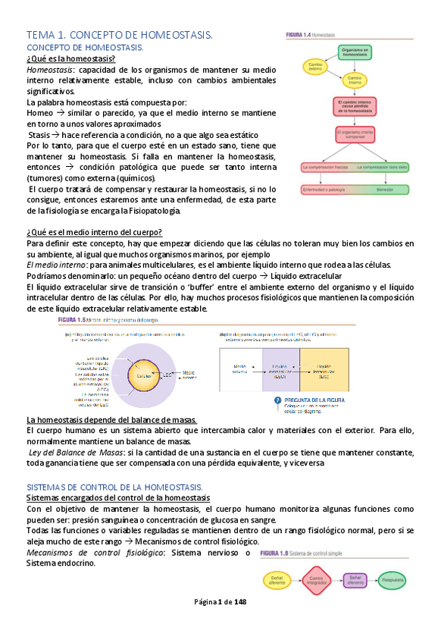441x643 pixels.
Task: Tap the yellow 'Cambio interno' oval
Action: (354, 79)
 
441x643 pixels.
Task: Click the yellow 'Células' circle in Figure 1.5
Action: (139, 375)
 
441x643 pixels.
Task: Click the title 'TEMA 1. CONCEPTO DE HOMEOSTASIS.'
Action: (119, 35)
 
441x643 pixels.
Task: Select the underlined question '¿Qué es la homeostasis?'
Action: (70, 58)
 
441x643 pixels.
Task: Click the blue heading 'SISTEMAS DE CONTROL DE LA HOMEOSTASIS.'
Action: (114, 486)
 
